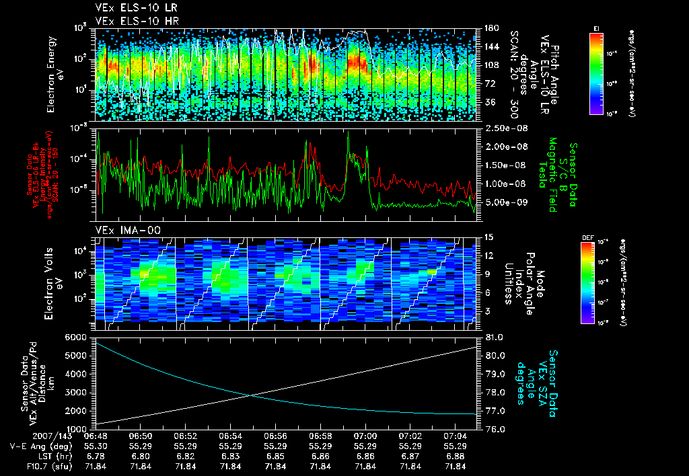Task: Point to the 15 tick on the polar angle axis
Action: (488, 237)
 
